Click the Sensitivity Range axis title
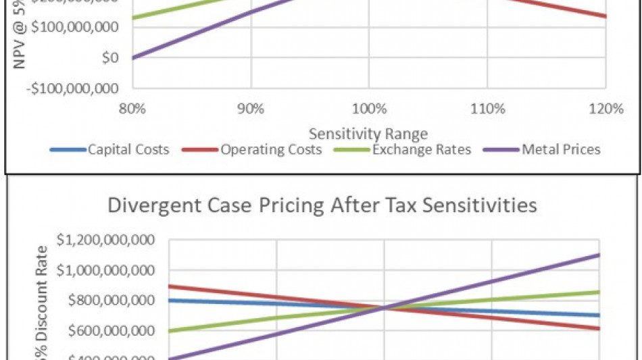[368, 134]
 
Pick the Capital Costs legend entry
[128, 149]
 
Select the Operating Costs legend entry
[270, 149]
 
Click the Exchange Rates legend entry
[421, 149]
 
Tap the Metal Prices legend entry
[560, 149]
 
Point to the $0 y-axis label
[111, 58]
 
